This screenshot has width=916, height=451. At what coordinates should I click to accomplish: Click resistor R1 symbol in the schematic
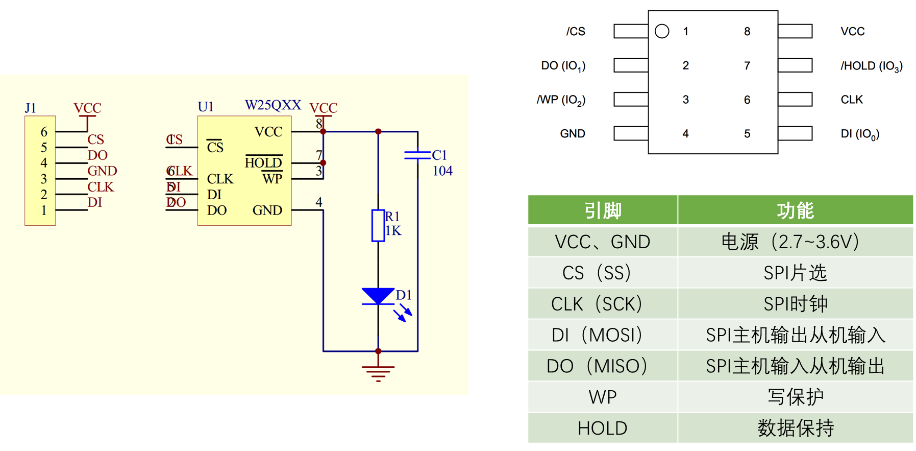tap(378, 225)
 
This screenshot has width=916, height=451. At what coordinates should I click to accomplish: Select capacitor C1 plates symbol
tap(417, 154)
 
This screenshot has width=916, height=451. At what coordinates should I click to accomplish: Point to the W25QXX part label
tap(273, 105)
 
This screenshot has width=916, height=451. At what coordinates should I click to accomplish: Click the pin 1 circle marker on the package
tap(662, 32)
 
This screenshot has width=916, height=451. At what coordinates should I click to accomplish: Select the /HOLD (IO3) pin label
tap(872, 66)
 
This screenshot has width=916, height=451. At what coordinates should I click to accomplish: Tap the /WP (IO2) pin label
tap(561, 100)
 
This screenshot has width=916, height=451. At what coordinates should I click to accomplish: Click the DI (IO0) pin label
tap(860, 134)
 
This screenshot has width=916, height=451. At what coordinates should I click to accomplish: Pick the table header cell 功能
tap(795, 210)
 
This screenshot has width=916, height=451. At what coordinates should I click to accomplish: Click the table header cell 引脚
tap(603, 210)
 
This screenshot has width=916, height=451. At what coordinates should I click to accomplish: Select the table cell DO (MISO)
tap(597, 366)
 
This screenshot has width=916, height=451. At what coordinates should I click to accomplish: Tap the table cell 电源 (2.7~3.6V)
tap(790, 242)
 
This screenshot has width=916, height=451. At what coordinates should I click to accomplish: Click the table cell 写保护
tap(795, 397)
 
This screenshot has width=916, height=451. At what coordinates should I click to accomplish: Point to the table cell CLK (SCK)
tap(597, 304)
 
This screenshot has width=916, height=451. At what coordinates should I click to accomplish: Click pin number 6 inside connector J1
tap(44, 132)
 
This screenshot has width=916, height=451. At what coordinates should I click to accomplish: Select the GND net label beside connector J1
tap(102, 171)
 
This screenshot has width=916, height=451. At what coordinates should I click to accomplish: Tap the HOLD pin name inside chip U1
tap(263, 163)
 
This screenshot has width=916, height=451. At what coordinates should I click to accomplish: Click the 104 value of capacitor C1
tap(442, 171)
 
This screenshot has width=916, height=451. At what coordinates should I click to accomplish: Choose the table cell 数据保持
tap(795, 428)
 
